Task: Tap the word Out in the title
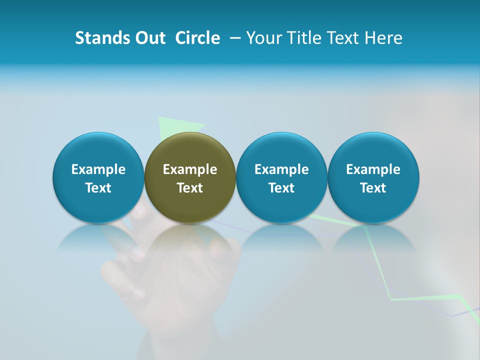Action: point(148,38)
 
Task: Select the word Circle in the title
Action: point(197,38)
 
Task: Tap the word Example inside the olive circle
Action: point(190,169)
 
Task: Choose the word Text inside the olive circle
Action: point(190,188)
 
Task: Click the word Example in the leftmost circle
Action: point(98,169)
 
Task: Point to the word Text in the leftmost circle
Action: point(98,188)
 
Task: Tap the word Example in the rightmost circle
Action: point(373,169)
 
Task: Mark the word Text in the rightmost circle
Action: point(373,188)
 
